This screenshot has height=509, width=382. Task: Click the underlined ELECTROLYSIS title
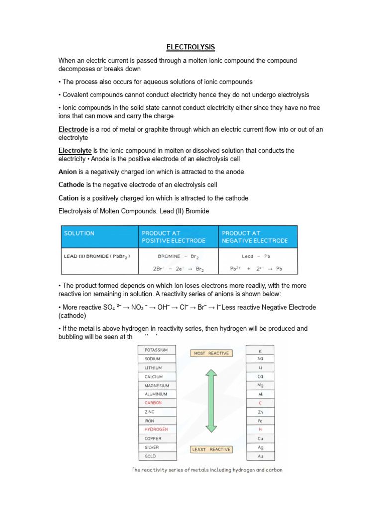click(191, 47)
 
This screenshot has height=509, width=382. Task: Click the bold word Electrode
click(72, 129)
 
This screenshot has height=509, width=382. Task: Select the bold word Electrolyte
click(75, 150)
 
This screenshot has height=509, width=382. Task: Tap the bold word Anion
click(68, 172)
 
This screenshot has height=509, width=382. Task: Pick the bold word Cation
click(69, 198)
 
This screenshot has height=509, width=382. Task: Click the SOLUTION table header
click(79, 233)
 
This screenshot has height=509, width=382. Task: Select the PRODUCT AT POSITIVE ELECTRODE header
click(174, 237)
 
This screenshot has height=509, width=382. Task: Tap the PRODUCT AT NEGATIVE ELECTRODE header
click(255, 237)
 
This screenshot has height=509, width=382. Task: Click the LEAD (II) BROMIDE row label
click(97, 256)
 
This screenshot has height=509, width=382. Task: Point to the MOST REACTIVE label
click(211, 353)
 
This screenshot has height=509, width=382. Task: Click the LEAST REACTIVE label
click(211, 449)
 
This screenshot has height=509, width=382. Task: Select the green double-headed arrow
click(211, 401)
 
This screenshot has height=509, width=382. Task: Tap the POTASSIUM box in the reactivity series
click(157, 350)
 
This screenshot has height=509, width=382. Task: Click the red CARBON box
click(157, 403)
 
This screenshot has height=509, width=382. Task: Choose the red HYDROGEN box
click(157, 429)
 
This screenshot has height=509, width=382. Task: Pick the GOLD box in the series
click(157, 456)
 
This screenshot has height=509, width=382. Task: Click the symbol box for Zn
click(260, 412)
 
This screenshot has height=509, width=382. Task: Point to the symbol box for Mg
click(260, 385)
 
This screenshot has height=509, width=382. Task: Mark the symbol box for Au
click(260, 456)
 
